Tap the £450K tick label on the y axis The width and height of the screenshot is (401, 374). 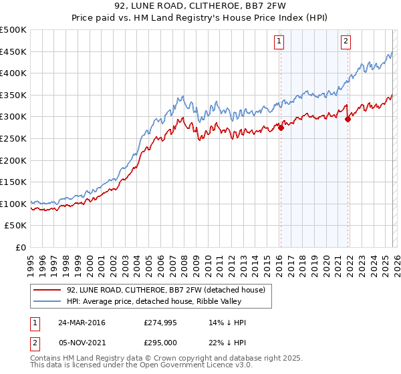(x=13, y=51)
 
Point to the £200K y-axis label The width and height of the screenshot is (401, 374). (x=13, y=160)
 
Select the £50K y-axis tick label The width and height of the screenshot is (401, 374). (x=16, y=226)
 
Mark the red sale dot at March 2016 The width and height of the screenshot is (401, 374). (x=281, y=128)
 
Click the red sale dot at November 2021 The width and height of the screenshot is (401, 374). (x=348, y=119)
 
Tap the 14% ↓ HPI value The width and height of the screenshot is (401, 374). (x=227, y=323)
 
